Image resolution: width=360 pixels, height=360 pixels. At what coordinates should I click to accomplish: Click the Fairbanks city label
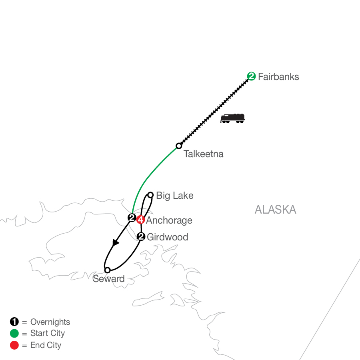pos(278,77)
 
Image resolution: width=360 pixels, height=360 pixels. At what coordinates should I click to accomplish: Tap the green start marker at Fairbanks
pos(251,76)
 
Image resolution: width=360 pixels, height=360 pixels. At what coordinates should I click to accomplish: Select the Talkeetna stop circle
pos(179,146)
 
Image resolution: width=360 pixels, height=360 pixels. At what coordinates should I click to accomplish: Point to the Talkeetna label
pos(203,154)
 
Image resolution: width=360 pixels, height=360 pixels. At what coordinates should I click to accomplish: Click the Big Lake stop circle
pos(150,195)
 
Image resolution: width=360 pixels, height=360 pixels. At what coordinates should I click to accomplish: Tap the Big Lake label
pos(175,196)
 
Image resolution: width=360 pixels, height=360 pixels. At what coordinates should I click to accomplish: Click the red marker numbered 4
pos(140,219)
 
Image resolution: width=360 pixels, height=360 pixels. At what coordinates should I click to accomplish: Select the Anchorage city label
pos(169,220)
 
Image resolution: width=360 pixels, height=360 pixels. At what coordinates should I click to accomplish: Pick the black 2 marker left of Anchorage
pos(131,218)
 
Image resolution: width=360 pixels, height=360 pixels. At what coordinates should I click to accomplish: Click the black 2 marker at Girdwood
pos(141,237)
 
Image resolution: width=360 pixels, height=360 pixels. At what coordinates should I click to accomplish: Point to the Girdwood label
pos(167,237)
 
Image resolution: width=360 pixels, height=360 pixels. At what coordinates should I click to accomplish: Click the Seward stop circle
pos(107,270)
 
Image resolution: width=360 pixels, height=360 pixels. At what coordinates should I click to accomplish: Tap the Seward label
pos(108,279)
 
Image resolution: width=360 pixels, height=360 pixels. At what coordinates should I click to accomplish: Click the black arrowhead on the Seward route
pos(116,242)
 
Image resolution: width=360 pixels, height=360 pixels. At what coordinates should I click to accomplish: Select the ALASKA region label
pos(275,210)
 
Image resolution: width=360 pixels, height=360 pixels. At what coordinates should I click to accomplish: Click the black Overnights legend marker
pos(14,322)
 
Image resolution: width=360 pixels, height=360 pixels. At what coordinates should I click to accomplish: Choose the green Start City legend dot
pos(14,333)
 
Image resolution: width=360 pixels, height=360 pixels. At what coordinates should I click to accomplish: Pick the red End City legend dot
pos(14,345)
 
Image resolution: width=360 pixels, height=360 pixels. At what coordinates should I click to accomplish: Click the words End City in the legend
pos(46,345)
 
